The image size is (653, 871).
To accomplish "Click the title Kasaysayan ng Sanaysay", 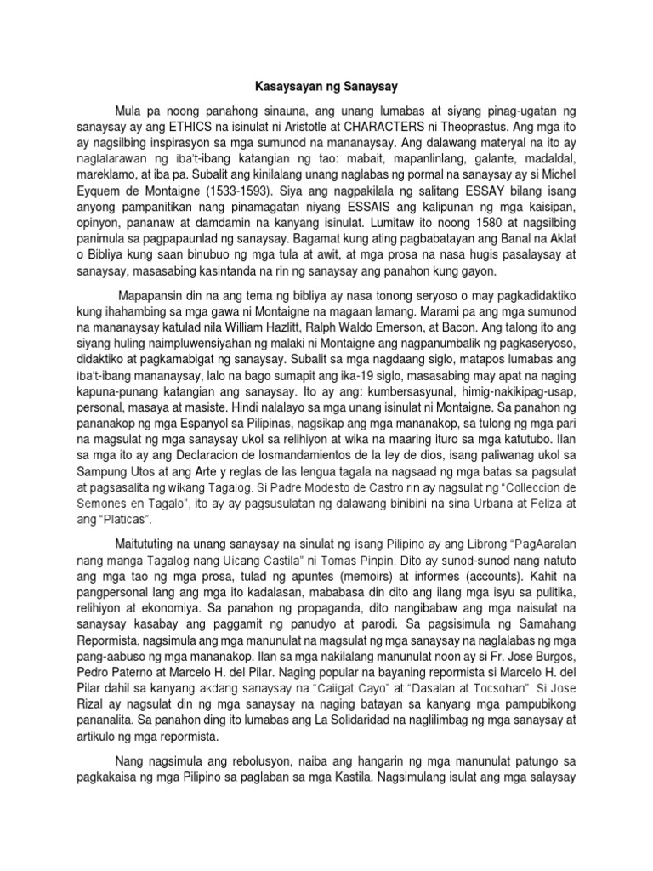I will tap(326, 86).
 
